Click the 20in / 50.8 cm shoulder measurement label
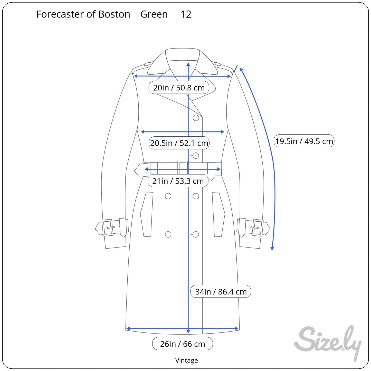coord(179,88)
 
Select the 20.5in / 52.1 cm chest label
coord(179,143)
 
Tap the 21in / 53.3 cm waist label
coord(178,181)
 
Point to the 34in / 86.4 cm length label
coord(221,292)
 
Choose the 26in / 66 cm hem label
coord(183,344)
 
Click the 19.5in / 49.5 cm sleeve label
coord(304,141)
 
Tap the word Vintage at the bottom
coord(186,360)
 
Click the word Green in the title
coord(154,14)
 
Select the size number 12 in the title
coord(186,14)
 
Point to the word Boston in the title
coord(114,14)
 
